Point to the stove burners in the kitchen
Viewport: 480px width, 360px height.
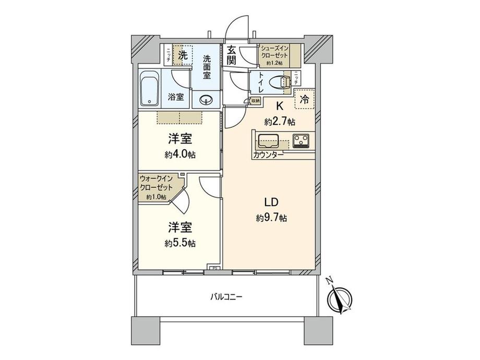coord(302,140)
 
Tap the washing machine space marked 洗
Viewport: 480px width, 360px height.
coord(182,55)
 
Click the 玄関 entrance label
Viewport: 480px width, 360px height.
coord(232,56)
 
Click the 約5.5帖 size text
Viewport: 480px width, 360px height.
coord(180,243)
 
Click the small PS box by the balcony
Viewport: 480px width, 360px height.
coord(213,269)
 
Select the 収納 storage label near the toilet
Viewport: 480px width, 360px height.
coord(255,100)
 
